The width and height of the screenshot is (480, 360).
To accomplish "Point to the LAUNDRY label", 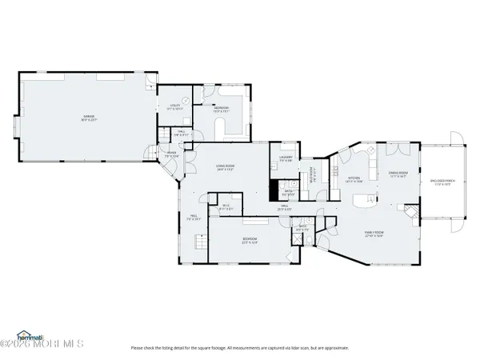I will point(286,158).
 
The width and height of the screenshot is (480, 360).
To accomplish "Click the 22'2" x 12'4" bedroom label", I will point(250,240).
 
